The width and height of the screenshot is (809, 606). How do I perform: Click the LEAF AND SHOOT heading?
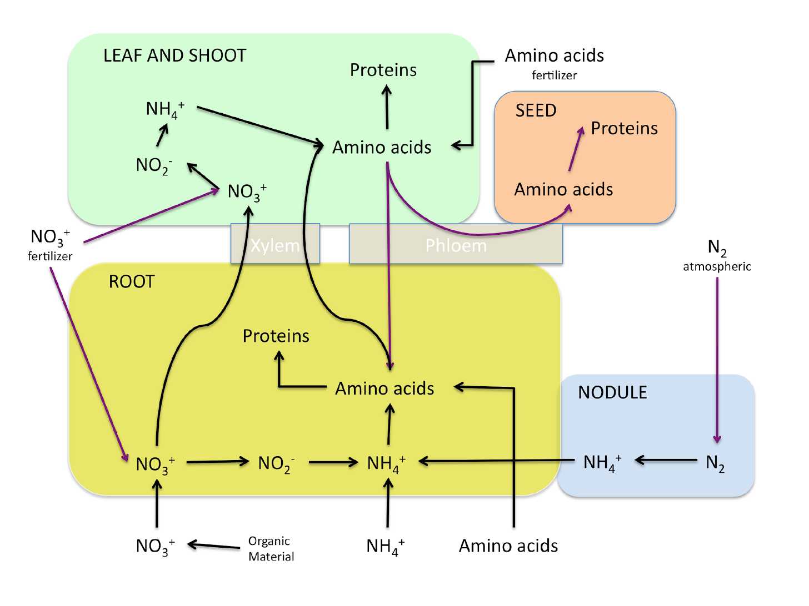click(x=174, y=55)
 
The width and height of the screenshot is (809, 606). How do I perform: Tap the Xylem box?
click(x=275, y=245)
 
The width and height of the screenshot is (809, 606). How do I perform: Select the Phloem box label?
click(x=456, y=245)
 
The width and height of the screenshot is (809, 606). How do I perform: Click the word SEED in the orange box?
click(x=536, y=110)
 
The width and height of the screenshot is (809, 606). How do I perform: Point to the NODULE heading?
click(x=612, y=392)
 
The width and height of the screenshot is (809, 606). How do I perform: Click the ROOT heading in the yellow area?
click(x=132, y=282)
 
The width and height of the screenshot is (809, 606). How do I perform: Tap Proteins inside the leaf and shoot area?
click(x=383, y=70)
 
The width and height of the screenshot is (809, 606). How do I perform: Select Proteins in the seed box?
click(x=624, y=128)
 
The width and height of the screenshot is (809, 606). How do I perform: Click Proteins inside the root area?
click(x=276, y=336)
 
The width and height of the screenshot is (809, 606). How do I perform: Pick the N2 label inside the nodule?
click(x=715, y=462)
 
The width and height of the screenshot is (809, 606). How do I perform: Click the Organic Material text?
click(x=271, y=548)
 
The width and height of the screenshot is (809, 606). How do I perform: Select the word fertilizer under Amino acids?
click(x=554, y=75)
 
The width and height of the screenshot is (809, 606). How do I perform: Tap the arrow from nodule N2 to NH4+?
click(x=666, y=460)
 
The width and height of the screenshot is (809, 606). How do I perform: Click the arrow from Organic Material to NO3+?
click(x=214, y=546)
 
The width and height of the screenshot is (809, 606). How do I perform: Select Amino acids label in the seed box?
click(x=563, y=189)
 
